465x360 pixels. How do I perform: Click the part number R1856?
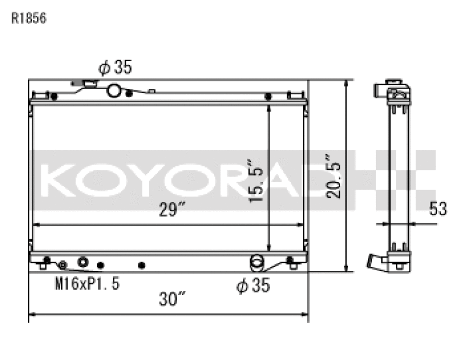[x=28, y=18]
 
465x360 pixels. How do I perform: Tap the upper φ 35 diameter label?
[x=115, y=68]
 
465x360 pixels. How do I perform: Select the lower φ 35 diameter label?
[x=253, y=286]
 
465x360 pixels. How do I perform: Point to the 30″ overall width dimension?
[x=172, y=300]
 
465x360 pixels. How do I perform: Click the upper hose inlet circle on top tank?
[x=115, y=90]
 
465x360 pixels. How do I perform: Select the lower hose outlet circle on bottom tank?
[x=256, y=262]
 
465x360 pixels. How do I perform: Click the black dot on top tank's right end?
[x=269, y=96]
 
